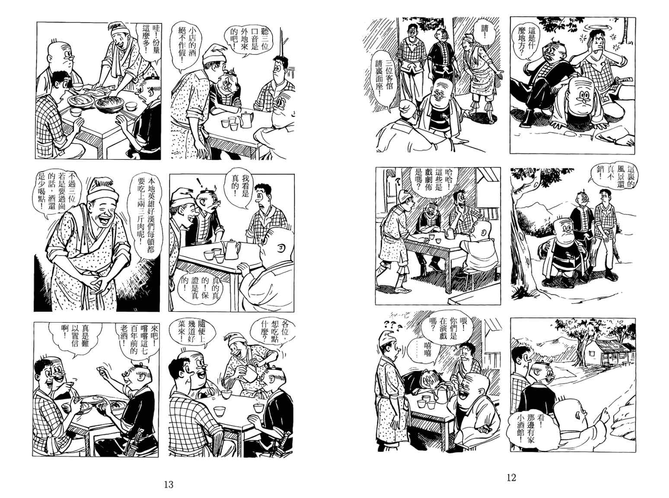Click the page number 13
coord(169,485)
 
